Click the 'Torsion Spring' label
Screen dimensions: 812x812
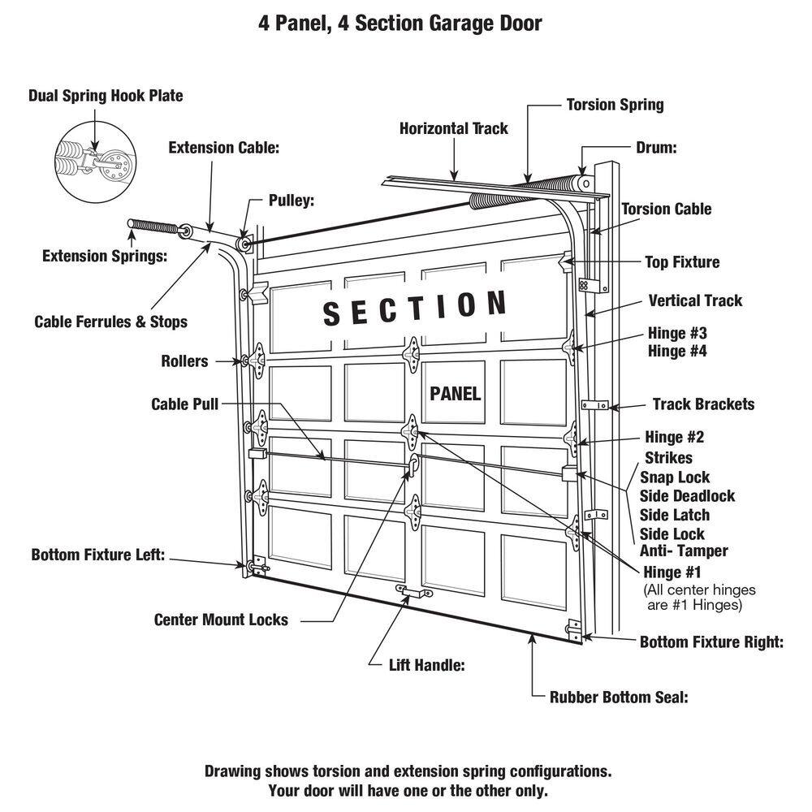click(615, 105)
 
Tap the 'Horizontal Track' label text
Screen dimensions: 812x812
click(454, 128)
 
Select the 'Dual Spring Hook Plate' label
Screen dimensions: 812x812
click(106, 96)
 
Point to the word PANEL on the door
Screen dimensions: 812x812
click(456, 394)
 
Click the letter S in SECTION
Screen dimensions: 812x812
click(332, 313)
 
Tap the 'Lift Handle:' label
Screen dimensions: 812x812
click(426, 665)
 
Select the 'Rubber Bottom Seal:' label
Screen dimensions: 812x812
click(619, 697)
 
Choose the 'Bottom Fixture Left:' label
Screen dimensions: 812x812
click(98, 555)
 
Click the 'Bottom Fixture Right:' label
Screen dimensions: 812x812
click(711, 642)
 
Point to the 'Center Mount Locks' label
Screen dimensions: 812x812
click(221, 620)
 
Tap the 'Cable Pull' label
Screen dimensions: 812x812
click(184, 404)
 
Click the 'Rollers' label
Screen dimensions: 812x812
click(184, 361)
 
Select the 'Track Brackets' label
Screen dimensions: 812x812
click(703, 404)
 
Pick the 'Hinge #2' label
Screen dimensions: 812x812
click(675, 438)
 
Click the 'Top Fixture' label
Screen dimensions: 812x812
click(682, 262)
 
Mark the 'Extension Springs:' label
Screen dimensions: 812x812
click(105, 257)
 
